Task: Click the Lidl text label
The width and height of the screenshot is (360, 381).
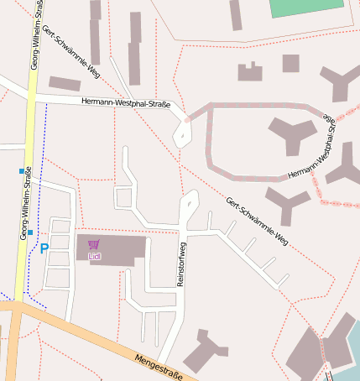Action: (x=94, y=255)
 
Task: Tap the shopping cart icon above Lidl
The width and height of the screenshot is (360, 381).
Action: (x=93, y=245)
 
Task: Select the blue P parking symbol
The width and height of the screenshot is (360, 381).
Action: (x=44, y=248)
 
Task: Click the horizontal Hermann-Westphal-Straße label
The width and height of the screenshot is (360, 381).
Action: (x=126, y=103)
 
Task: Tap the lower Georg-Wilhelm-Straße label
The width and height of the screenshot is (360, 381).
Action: (x=26, y=203)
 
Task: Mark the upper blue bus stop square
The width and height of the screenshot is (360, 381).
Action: (x=22, y=171)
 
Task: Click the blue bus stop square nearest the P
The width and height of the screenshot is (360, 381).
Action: (x=30, y=232)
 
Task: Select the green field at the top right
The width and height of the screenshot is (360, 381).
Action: (x=307, y=8)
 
